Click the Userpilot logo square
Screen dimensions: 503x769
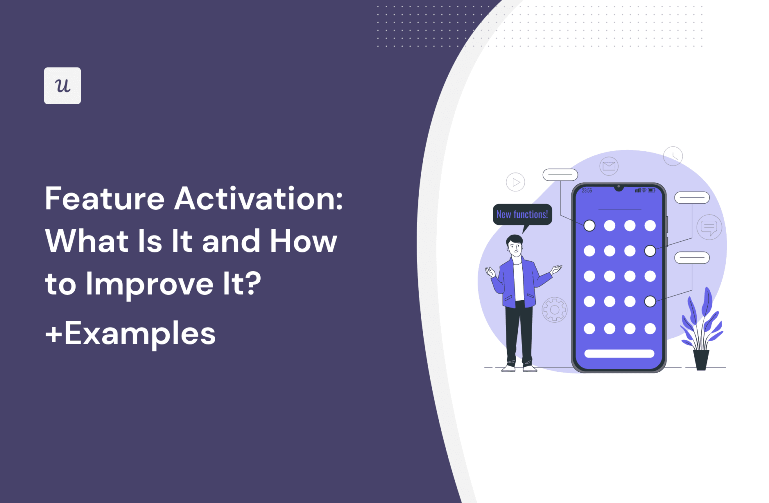coord(62,86)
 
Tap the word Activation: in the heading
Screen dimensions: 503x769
coord(258,199)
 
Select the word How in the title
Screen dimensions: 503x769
coord(303,241)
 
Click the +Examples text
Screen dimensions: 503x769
coord(130,333)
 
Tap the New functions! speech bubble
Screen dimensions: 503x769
coord(522,214)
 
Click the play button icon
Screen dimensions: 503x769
coord(515,182)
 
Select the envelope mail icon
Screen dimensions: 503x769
coord(609,166)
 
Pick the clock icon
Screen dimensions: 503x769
coord(673,156)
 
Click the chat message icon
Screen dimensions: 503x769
coord(709,227)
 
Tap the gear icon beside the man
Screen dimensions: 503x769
coord(555,310)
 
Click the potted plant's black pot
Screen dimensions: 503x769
coord(701,359)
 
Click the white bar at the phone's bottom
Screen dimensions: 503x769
coord(619,354)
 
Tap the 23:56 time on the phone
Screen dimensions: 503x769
coord(587,191)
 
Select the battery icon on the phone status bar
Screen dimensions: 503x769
coord(651,190)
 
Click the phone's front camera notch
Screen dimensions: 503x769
coord(619,188)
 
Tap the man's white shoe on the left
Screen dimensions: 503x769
coord(509,368)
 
